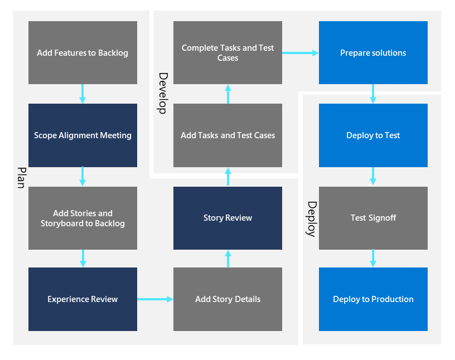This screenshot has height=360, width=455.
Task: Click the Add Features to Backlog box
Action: [83, 53]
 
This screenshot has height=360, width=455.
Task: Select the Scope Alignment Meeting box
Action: [83, 135]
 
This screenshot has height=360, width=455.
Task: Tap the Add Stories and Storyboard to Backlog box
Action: [83, 218]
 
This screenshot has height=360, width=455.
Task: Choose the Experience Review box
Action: [83, 299]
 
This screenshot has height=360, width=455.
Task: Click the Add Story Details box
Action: [227, 299]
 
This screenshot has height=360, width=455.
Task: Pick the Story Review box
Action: [227, 218]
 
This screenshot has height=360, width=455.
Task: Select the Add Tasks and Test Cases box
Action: [227, 135]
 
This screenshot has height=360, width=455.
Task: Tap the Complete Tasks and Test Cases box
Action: [227, 53]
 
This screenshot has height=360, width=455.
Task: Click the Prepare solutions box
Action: [373, 53]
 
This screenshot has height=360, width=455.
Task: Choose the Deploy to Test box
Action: [373, 135]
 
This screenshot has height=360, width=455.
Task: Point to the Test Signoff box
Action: [373, 218]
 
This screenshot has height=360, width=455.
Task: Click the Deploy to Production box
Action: [373, 299]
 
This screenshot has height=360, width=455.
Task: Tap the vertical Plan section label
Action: [21, 177]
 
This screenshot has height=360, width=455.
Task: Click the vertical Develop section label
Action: [162, 93]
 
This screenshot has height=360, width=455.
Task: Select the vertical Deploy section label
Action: [311, 219]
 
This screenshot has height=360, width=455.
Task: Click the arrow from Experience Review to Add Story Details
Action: [155, 299]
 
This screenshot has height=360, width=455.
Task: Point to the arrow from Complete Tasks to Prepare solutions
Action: [300, 53]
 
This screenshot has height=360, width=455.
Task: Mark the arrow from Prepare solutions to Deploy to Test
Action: [373, 94]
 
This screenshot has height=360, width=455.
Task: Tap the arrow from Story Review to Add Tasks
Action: [227, 177]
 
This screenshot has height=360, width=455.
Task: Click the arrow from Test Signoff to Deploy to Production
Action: [373, 258]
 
